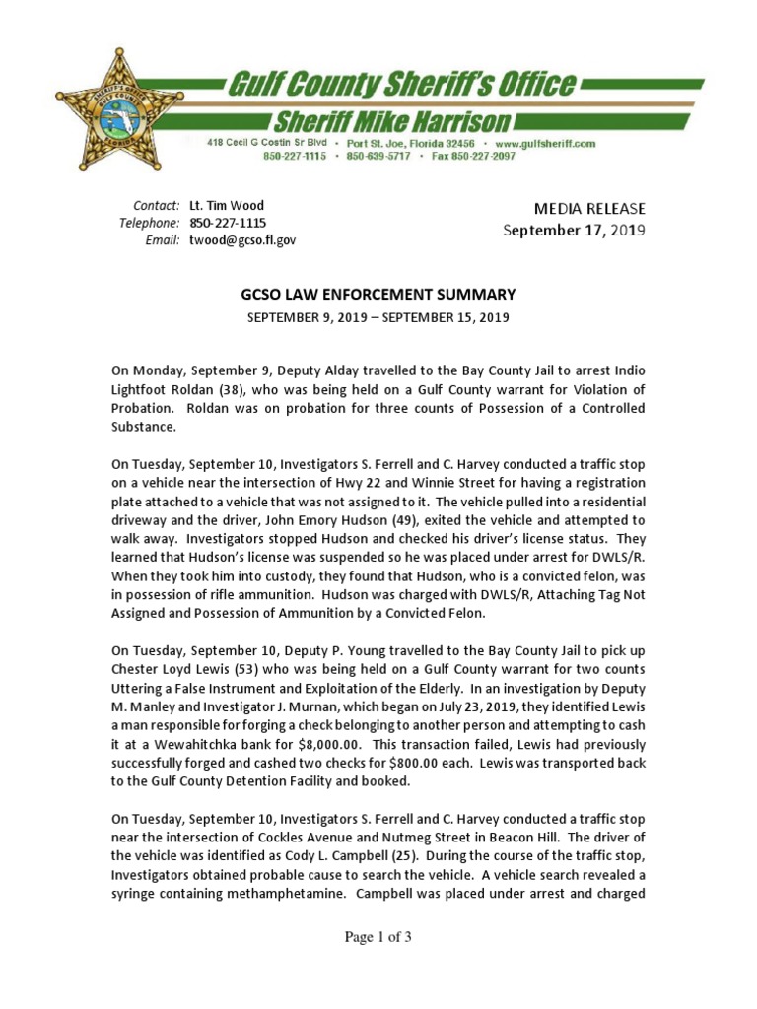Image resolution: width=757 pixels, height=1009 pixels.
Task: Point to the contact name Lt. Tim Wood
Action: pos(227,206)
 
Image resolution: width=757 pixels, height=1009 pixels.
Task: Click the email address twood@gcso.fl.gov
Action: pos(242,239)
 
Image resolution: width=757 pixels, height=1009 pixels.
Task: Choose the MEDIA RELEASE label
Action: pos(589,208)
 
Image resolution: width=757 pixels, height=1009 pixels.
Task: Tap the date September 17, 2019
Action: pos(575,231)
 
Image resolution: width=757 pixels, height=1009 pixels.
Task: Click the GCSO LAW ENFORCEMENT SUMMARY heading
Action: pos(378,294)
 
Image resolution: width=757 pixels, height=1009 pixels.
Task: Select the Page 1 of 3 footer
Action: pos(378,937)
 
